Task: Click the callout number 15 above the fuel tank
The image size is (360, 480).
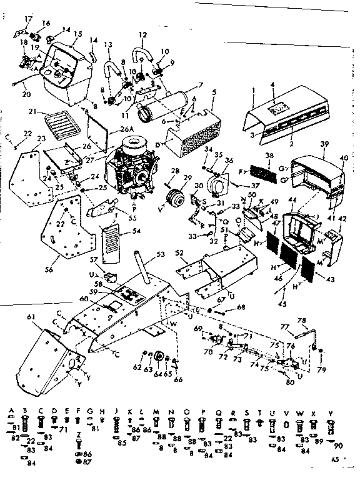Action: coord(77,34)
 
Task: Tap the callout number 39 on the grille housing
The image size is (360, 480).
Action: coord(322,143)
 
